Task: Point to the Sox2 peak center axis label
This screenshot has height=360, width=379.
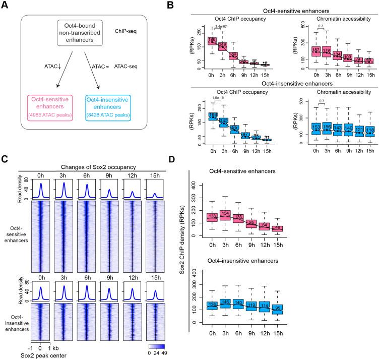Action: pos(36,355)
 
